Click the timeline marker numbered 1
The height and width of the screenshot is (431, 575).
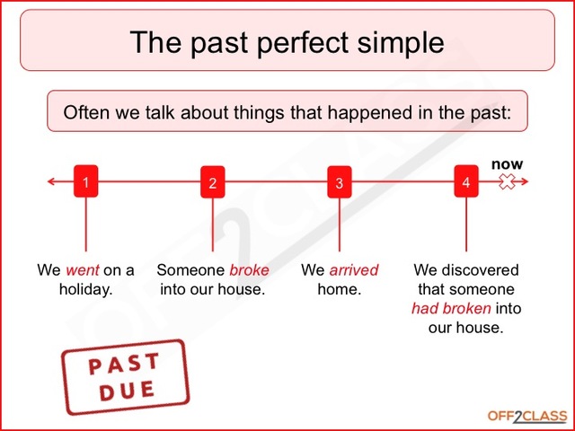[x=85, y=182]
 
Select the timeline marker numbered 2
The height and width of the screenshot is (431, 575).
[x=212, y=182]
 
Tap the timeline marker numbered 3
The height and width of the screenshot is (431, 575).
[x=339, y=182]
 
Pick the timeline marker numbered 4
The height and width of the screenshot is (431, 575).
[x=465, y=182]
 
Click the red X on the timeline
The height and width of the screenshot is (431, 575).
[x=507, y=182]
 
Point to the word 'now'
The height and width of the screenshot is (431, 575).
[x=507, y=164]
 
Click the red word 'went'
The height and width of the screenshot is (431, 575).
[x=80, y=270]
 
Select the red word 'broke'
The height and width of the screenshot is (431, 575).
[x=249, y=270]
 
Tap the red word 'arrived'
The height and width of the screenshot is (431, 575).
[x=353, y=270]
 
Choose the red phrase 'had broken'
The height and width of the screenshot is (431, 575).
[x=451, y=309]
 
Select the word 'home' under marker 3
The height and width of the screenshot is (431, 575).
[x=337, y=290]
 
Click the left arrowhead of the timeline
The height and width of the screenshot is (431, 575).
[x=51, y=182]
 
